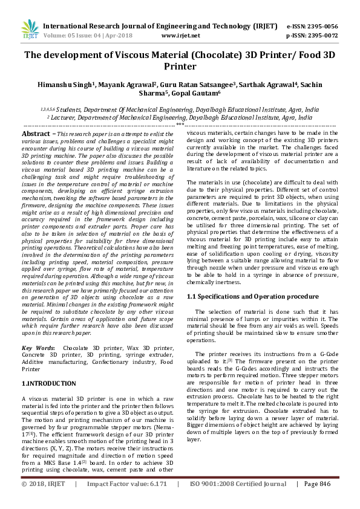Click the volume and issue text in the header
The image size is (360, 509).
tap(85, 36)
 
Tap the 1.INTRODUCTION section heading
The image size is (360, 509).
tap(50, 383)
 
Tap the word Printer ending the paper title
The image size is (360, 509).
tap(180, 66)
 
